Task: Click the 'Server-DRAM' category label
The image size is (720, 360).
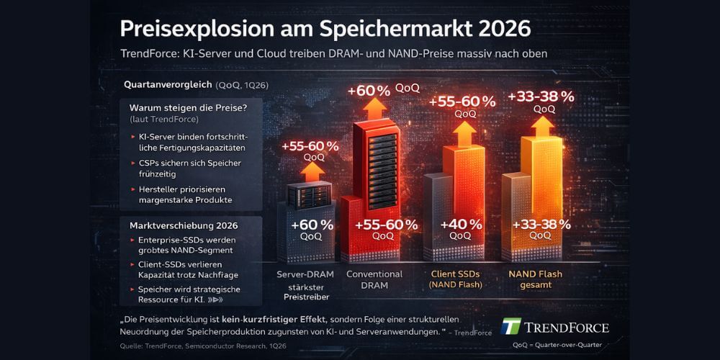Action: pos(306,274)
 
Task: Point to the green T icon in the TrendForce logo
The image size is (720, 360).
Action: pos(510,327)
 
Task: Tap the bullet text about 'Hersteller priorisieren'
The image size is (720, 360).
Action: pos(191,194)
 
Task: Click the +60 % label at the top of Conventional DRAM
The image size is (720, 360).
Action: pos(368,91)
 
